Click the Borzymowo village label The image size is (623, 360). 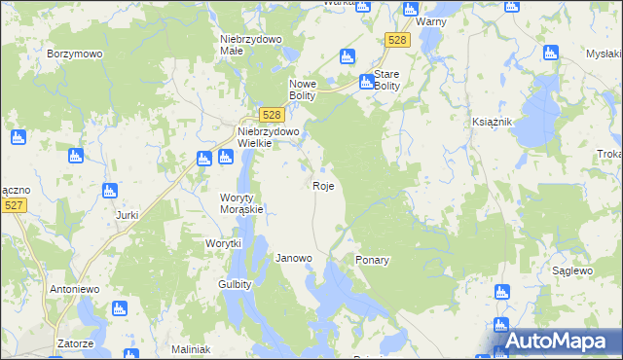(75, 54)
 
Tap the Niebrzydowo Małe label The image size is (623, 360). (251, 45)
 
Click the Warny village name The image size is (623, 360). (430, 20)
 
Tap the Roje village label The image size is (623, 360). (324, 185)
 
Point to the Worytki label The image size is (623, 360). (223, 243)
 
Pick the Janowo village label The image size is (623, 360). (293, 258)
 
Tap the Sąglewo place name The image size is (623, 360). (572, 270)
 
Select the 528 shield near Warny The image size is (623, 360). (396, 39)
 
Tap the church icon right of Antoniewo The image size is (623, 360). (121, 309)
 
